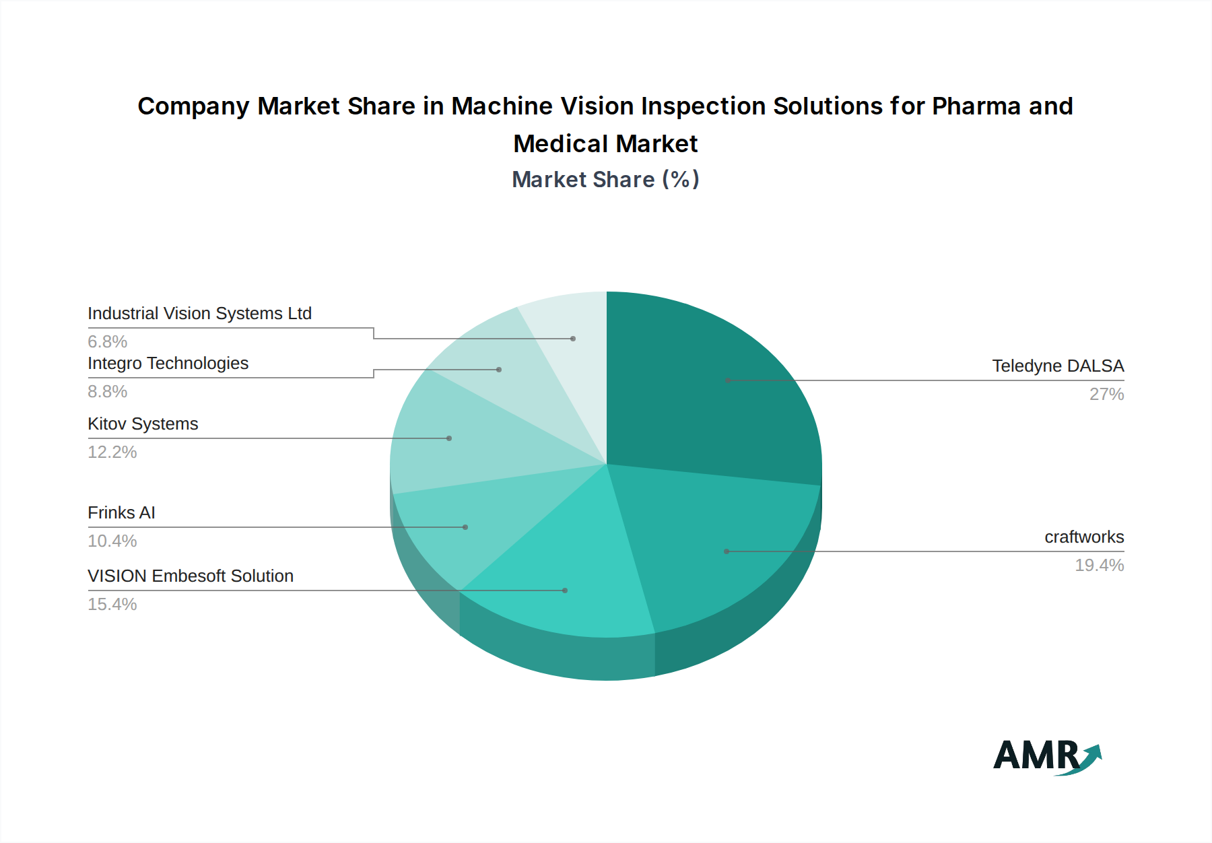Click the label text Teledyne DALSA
[x=1057, y=366]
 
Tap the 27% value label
[x=1106, y=394]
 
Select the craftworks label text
[x=1084, y=537]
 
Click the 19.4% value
[x=1099, y=565]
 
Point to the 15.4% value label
[x=112, y=604]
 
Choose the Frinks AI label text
[x=121, y=512]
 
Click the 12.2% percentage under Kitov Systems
[x=112, y=452]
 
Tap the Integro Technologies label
[x=168, y=363]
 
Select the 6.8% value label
[x=108, y=341]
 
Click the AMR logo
[x=1047, y=756]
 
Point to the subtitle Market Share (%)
[x=605, y=179]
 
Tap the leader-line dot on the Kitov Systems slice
[x=449, y=438]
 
